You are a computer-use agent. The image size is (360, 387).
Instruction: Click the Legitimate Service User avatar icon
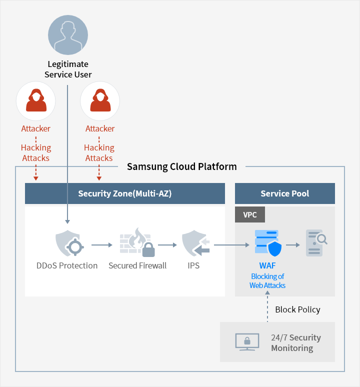click(x=68, y=35)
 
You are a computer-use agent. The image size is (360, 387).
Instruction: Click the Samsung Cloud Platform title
click(x=181, y=166)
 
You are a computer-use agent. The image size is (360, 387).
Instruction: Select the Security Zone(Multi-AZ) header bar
click(x=125, y=193)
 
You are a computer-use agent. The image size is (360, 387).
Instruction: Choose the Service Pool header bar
click(x=284, y=193)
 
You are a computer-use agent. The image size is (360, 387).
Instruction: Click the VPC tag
click(x=249, y=215)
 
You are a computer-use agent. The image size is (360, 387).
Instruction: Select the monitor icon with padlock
click(x=247, y=342)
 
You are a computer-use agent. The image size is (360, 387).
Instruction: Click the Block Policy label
click(x=297, y=309)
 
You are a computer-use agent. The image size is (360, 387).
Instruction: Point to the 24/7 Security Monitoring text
click(x=295, y=342)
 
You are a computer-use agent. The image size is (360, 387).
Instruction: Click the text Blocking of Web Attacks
click(x=267, y=280)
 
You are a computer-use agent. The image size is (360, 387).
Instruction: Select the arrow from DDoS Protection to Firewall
click(x=102, y=245)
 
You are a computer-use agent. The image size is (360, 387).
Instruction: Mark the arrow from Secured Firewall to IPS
click(x=167, y=245)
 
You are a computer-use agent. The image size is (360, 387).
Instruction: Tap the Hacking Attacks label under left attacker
click(x=36, y=152)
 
